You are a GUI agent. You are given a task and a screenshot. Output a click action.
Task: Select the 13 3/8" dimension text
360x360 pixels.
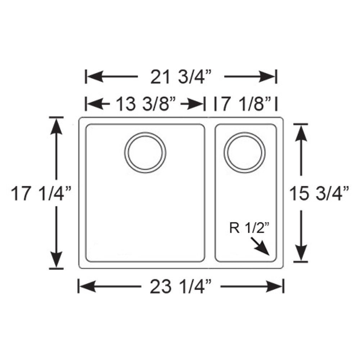[145, 104]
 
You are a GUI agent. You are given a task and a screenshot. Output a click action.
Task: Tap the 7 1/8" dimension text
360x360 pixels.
[245, 104]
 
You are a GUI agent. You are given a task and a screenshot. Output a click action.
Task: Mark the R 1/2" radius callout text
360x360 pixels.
[247, 228]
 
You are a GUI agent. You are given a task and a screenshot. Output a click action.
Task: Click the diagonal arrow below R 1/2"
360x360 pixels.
[262, 248]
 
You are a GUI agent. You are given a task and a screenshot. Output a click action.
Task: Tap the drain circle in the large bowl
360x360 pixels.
[145, 153]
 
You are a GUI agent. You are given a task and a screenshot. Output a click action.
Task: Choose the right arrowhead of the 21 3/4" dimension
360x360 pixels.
[268, 76]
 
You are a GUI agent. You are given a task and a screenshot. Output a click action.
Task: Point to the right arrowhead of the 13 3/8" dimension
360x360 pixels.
[196, 104]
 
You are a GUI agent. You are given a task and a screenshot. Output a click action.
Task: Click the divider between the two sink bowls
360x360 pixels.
[210, 193]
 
